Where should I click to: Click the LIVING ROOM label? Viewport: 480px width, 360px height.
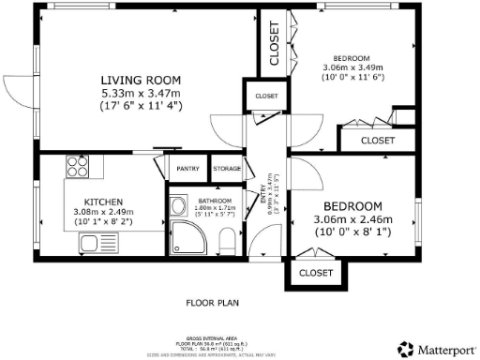(142, 80)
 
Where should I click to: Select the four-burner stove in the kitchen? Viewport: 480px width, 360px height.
(76, 170)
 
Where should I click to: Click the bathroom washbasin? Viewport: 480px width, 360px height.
(176, 208)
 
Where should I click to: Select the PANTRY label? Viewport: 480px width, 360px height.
(187, 169)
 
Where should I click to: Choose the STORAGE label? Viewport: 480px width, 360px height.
(227, 169)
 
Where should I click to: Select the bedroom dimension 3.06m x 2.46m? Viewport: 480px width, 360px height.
(352, 221)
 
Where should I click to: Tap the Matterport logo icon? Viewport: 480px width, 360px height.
(403, 349)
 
